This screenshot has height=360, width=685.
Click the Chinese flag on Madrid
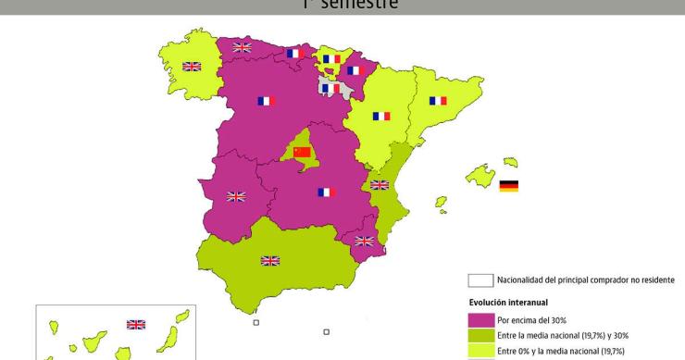(x=302, y=152)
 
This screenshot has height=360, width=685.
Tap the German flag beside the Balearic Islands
(x=508, y=186)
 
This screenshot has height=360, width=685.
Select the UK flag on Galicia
(x=192, y=67)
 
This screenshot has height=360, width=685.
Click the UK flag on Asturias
(x=242, y=47)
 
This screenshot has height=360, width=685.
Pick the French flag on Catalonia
(x=438, y=101)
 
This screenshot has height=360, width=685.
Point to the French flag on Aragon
(x=380, y=116)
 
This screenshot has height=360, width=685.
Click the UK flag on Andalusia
(x=270, y=261)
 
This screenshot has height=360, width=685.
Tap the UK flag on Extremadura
(x=236, y=196)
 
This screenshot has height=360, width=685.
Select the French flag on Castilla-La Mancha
(x=325, y=192)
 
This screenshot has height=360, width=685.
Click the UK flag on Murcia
(x=365, y=242)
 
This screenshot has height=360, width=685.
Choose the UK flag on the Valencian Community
(x=380, y=185)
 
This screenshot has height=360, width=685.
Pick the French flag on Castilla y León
(x=267, y=101)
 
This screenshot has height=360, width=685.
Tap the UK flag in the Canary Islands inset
(x=136, y=324)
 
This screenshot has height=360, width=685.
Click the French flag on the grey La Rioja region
(x=330, y=88)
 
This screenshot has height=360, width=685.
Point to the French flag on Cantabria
(x=295, y=54)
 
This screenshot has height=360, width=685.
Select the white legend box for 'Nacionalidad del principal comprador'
(x=479, y=280)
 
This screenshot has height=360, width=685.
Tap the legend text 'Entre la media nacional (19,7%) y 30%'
(x=566, y=334)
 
